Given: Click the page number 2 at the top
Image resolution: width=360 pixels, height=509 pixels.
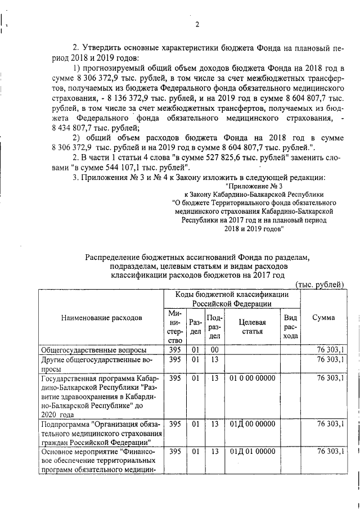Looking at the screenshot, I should [x=197, y=23].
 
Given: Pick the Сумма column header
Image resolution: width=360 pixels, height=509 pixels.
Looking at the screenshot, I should [x=323, y=317].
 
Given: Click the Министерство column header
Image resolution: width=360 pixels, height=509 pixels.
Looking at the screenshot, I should [x=174, y=326].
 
